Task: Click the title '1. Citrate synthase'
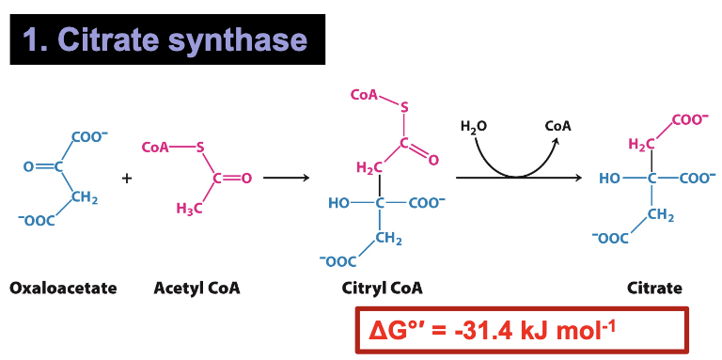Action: (x=166, y=40)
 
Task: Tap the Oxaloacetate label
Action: (x=63, y=288)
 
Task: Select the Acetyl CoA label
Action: (x=196, y=288)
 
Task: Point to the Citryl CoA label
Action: (x=382, y=288)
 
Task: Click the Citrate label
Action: (x=654, y=288)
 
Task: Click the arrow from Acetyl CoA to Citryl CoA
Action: (x=293, y=177)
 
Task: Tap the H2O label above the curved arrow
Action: (x=474, y=126)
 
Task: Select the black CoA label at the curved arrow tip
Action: (x=558, y=126)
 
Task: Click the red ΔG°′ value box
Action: (x=522, y=331)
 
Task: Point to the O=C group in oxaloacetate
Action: (x=42, y=167)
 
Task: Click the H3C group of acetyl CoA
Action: (x=190, y=209)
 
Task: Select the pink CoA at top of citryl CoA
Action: (x=363, y=95)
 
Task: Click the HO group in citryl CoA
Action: (x=338, y=203)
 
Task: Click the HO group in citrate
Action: (x=610, y=178)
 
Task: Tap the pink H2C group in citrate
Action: (x=641, y=143)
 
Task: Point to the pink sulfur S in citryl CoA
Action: (x=404, y=107)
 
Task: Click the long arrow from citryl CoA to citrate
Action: (x=522, y=177)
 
